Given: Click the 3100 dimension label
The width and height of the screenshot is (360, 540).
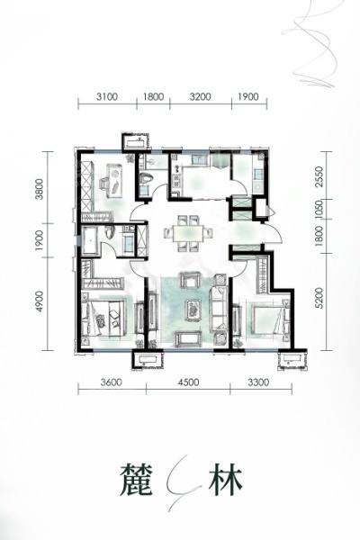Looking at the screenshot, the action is [107, 96].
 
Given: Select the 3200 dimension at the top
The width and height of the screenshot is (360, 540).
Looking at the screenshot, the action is [200, 96].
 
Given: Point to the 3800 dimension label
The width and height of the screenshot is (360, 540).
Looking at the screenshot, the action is [40, 188].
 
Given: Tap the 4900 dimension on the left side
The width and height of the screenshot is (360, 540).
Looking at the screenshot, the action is [40, 301].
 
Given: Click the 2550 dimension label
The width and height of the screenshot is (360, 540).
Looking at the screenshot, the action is [319, 176].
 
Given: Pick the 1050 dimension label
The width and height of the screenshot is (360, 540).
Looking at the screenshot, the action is [319, 210].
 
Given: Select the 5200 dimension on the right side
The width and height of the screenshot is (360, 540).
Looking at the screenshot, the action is [319, 298].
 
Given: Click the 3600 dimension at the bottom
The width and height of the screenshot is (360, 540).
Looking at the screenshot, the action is [112, 382].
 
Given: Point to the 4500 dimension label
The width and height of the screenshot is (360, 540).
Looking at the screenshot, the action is [188, 382].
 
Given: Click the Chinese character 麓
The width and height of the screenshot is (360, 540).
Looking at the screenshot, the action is [137, 480].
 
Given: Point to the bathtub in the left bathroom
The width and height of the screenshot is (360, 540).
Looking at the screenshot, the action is [91, 240].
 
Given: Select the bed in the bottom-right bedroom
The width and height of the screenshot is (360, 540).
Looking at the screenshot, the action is [269, 319].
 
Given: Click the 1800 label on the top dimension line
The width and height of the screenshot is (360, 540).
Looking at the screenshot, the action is [153, 96].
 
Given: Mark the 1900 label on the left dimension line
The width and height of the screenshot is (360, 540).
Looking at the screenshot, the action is [40, 240].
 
